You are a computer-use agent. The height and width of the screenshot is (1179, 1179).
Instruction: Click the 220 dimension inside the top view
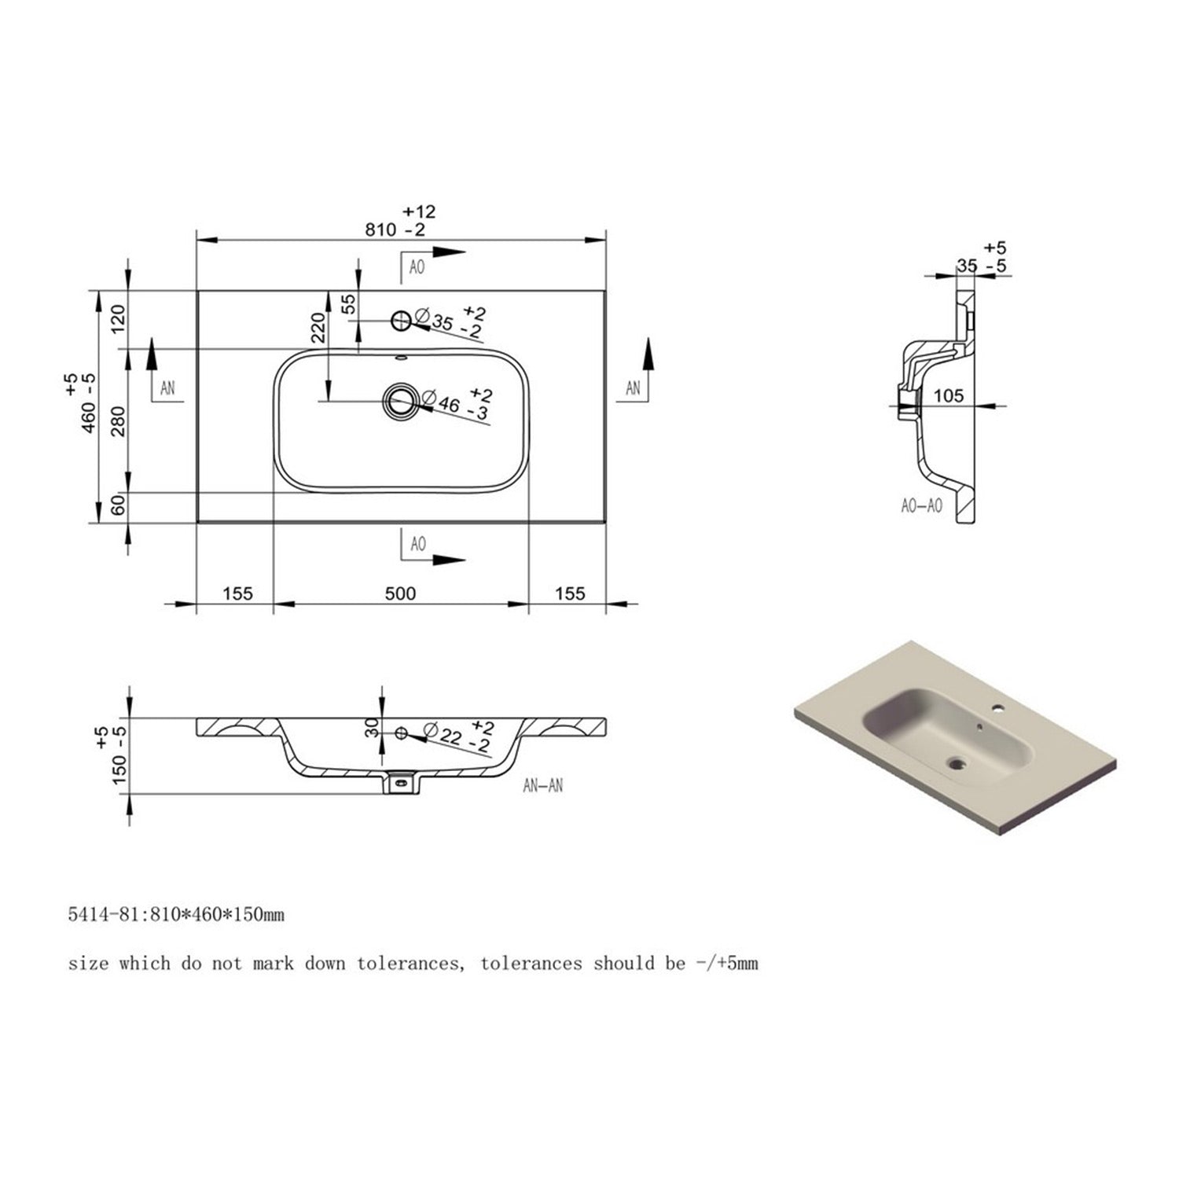click(318, 329)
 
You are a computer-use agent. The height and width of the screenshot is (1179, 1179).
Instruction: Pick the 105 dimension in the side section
click(948, 395)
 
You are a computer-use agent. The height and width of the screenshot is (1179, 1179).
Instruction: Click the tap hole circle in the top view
click(401, 319)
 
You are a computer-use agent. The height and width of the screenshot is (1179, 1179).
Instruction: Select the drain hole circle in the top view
click(401, 402)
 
